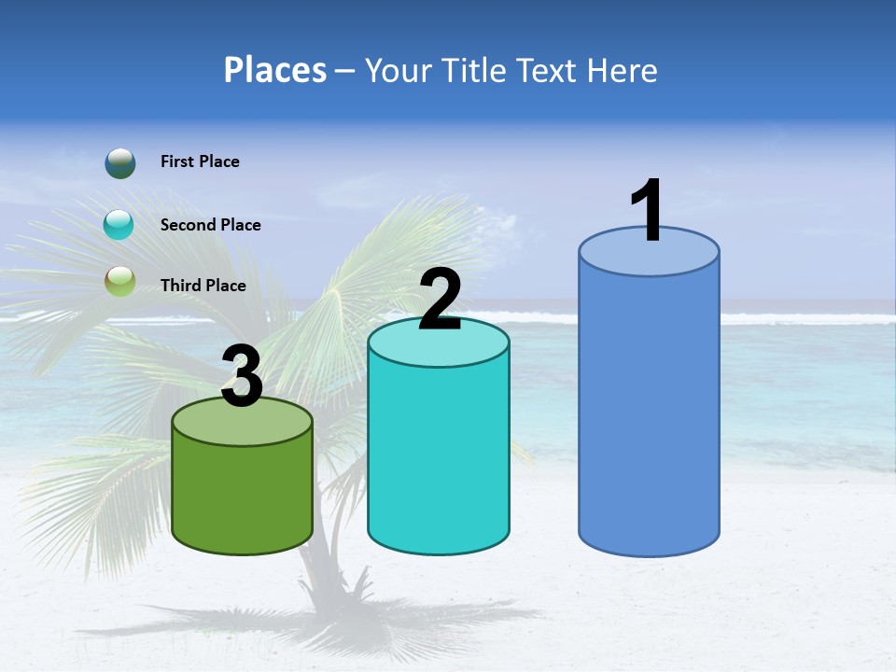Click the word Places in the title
click(x=275, y=70)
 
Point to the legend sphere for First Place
click(x=120, y=162)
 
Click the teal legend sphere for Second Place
click(x=119, y=225)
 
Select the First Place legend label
click(x=200, y=161)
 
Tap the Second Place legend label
click(x=210, y=225)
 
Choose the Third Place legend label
click(x=203, y=286)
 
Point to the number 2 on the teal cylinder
click(x=440, y=301)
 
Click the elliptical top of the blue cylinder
click(x=649, y=253)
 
